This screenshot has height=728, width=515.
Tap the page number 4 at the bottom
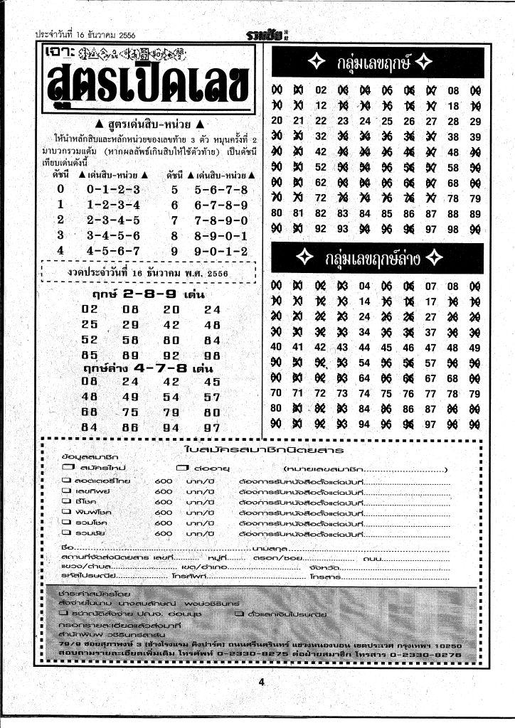262,683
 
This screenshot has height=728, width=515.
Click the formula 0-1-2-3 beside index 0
113,189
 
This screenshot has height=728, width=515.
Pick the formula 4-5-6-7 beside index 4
113,251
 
